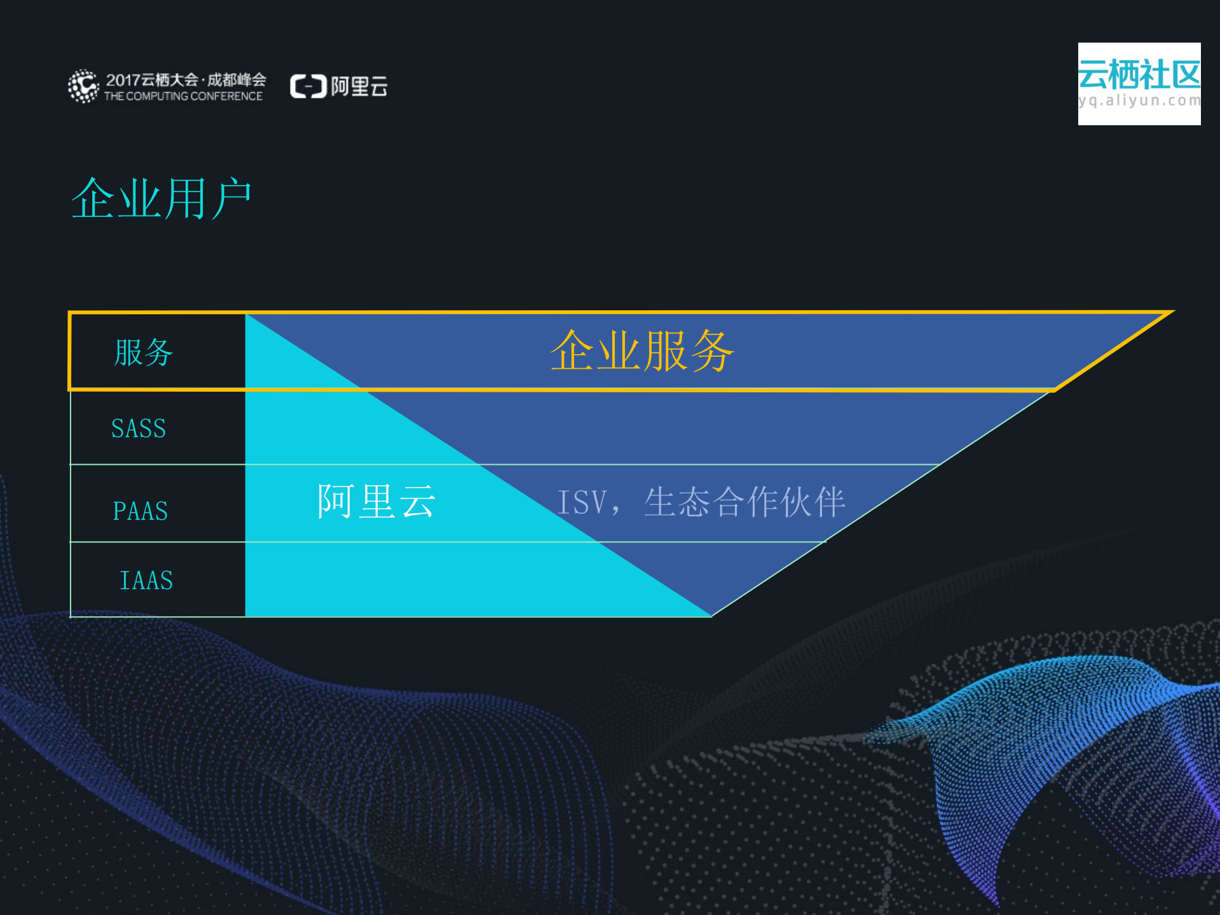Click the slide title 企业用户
[161, 198]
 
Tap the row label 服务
[144, 352]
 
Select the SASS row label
[139, 429]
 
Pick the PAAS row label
[141, 511]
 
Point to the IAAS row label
[146, 581]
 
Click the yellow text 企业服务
[642, 351]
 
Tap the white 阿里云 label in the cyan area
[376, 501]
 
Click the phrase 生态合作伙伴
[744, 502]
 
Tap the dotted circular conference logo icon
[83, 86]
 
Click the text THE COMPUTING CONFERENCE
[183, 97]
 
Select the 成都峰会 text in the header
[236, 79]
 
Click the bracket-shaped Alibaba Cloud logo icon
[308, 86]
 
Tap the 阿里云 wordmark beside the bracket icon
[359, 86]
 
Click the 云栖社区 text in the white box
[1139, 75]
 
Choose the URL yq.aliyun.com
[1139, 100]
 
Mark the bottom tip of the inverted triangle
[712, 616]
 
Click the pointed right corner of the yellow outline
[1172, 312]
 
